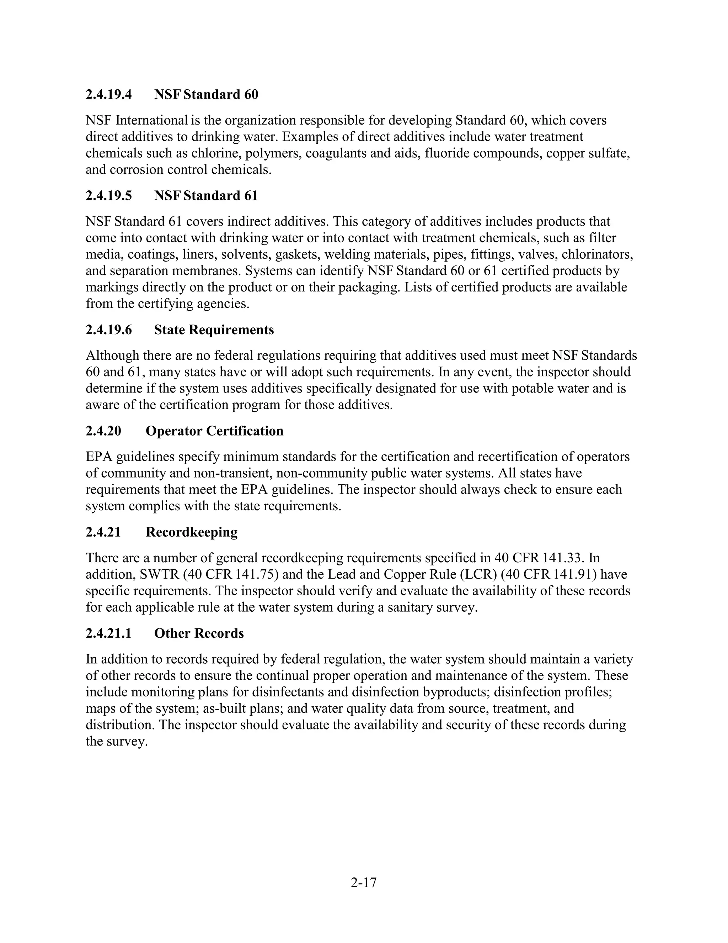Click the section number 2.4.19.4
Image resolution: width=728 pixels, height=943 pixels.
109,95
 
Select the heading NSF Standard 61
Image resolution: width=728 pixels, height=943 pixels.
206,196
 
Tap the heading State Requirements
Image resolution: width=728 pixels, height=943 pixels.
214,330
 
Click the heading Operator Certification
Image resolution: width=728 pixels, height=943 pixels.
214,431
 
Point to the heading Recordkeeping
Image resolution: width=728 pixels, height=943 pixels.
192,532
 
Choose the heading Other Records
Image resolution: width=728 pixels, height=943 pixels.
199,633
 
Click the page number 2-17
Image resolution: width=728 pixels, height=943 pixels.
364,883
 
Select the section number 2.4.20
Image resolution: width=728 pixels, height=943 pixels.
103,431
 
